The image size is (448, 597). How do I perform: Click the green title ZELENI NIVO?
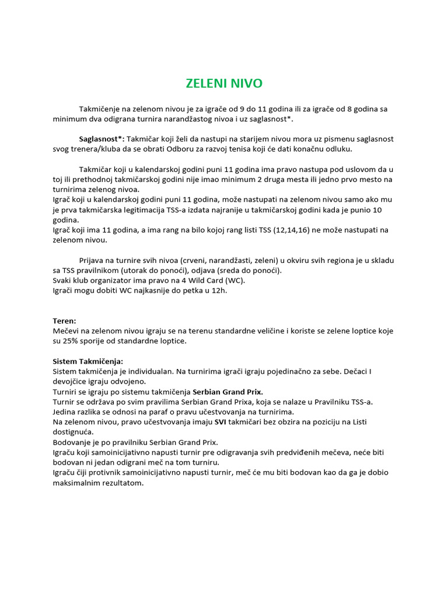pyautogui.click(x=224, y=83)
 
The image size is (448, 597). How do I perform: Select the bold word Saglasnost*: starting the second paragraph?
pyautogui.click(x=101, y=139)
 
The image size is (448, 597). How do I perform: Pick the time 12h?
pyautogui.click(x=218, y=290)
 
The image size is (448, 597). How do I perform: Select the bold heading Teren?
pyautogui.click(x=64, y=321)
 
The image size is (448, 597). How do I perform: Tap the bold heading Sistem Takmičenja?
pyautogui.click(x=88, y=361)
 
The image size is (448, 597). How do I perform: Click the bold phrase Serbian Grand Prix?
pyautogui.click(x=228, y=391)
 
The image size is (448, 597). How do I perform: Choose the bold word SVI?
pyautogui.click(x=220, y=422)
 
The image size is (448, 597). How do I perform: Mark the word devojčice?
pyautogui.click(x=71, y=381)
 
